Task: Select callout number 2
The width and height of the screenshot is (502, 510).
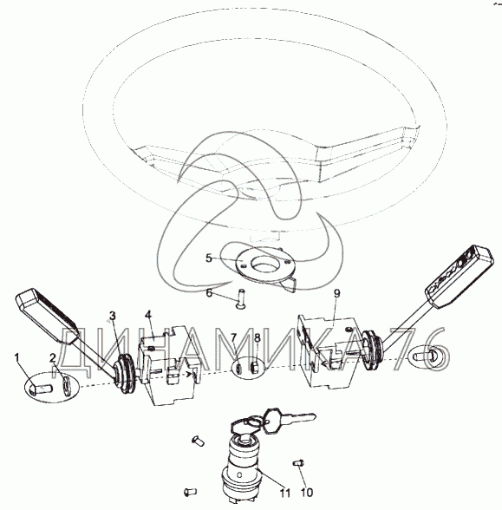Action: [53, 358]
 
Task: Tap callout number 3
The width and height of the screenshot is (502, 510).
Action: [112, 316]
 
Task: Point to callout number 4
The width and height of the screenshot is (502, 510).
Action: [148, 315]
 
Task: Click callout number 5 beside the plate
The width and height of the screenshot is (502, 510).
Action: [209, 258]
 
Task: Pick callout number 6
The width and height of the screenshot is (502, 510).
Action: [209, 293]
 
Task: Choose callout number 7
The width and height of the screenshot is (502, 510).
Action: [234, 337]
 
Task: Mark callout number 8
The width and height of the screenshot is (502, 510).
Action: [258, 337]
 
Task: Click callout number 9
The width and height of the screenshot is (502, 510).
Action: [336, 293]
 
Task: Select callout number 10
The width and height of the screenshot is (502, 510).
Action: [306, 493]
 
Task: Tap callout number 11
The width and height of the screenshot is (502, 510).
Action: [285, 493]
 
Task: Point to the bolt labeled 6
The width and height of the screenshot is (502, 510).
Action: [240, 298]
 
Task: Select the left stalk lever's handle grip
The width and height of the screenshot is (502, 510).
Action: [45, 314]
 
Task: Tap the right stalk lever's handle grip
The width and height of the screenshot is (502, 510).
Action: [460, 276]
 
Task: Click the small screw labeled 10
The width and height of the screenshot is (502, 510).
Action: [298, 462]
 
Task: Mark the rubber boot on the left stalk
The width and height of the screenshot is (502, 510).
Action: [124, 374]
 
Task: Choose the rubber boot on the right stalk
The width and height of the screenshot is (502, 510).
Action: [372, 350]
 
